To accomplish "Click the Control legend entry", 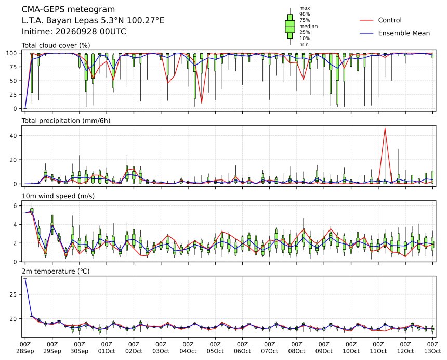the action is point(380,20).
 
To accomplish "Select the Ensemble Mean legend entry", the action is point(395,33).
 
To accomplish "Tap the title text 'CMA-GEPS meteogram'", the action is point(68,10).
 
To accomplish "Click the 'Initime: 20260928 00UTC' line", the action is point(74,31).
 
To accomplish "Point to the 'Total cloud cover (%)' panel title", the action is point(56,45).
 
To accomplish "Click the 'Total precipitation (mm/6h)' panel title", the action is point(66,121).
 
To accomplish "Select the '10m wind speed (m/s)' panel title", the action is point(58,196).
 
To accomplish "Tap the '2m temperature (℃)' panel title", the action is point(56,271).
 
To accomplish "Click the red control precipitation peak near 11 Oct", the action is point(385,128).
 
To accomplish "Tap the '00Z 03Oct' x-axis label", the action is point(161,348).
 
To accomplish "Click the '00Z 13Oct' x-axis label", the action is point(432,348).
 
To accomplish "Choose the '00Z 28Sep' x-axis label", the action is point(25,348).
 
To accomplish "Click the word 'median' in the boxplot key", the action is point(308,26).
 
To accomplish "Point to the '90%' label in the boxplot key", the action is point(305,14).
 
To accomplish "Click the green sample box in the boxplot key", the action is point(290,26).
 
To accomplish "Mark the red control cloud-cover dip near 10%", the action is point(202,102).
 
